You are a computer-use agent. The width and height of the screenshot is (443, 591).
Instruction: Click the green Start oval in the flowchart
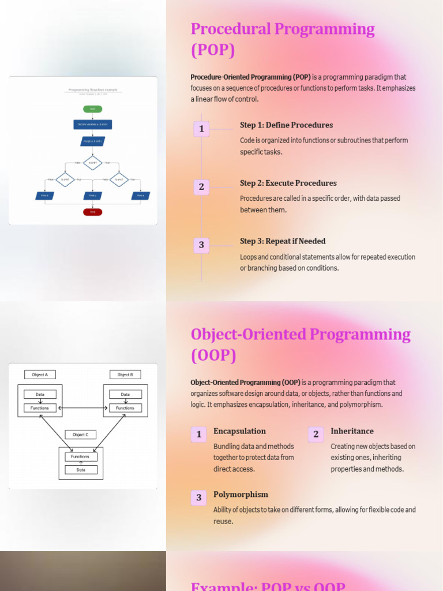click(x=92, y=109)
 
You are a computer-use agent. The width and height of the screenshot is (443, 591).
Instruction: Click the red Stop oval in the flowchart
click(x=92, y=212)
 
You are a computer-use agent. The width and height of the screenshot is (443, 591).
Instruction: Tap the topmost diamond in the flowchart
click(x=92, y=163)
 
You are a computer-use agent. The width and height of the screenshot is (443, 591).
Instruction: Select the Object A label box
click(x=40, y=375)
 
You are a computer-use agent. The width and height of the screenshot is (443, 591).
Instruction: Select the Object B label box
click(x=125, y=375)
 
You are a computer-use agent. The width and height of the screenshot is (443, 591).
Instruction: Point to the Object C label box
click(x=80, y=435)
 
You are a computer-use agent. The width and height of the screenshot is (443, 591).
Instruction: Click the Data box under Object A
click(x=40, y=394)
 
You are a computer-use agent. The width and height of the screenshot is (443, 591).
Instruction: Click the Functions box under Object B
click(x=125, y=408)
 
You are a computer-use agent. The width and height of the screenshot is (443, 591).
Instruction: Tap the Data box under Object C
click(x=81, y=470)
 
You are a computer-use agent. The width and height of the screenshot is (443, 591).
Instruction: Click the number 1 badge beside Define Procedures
click(x=201, y=129)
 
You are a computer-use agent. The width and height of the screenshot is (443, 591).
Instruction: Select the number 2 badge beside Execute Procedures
click(x=201, y=186)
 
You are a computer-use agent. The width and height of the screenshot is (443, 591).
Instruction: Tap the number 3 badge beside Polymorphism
click(x=198, y=498)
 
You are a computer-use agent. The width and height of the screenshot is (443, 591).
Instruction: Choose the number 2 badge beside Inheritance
click(x=316, y=434)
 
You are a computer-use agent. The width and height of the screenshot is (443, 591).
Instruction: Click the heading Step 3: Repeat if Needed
click(x=283, y=241)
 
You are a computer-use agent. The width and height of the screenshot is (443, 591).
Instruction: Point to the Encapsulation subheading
click(x=239, y=431)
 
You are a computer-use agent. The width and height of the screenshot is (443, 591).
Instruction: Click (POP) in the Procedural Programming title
click(x=213, y=50)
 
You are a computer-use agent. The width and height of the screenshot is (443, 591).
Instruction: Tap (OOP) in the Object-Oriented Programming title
click(x=213, y=356)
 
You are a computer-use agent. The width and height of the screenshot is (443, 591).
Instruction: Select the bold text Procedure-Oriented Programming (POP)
click(x=250, y=77)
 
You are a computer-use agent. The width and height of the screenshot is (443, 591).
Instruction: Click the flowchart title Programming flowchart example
click(x=92, y=89)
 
